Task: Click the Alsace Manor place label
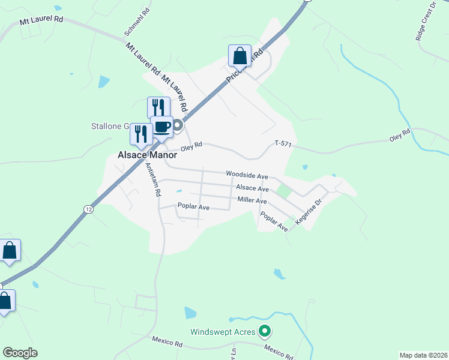(142, 154)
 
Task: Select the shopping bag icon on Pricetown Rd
(240, 56)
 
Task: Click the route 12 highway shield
(88, 208)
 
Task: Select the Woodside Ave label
(246, 174)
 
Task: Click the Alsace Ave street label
(252, 188)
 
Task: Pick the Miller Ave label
(252, 200)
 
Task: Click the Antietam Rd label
(153, 181)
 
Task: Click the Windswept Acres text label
(223, 331)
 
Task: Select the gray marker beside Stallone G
(178, 126)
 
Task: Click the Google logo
(20, 353)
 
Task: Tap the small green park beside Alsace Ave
(282, 191)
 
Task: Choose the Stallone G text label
(110, 126)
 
